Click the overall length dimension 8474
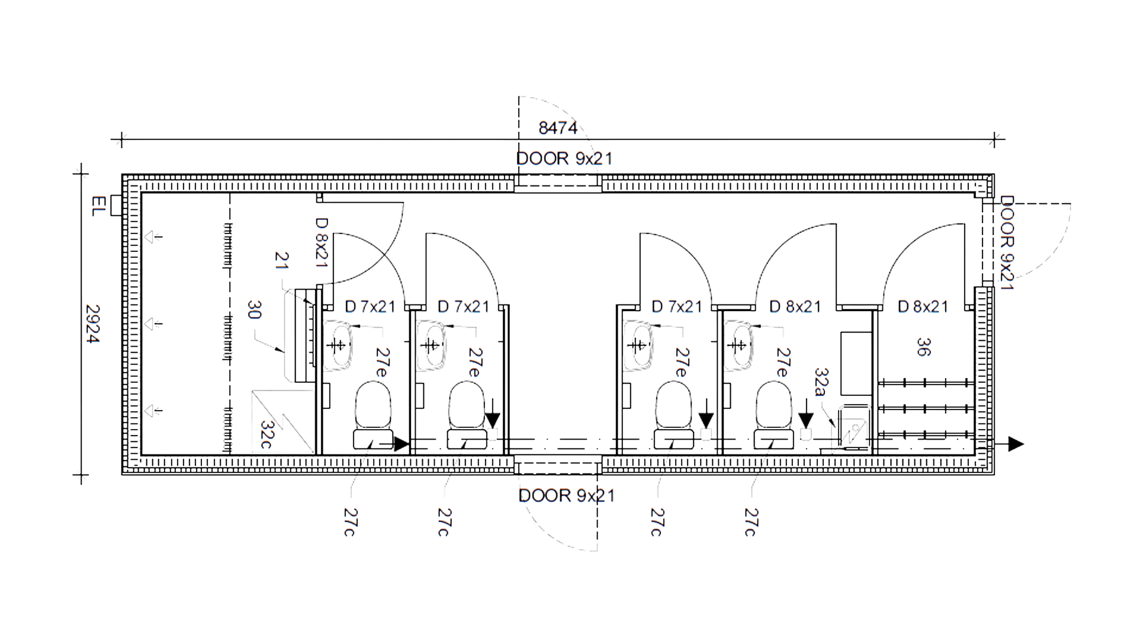pyautogui.click(x=558, y=127)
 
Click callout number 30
pyautogui.click(x=254, y=310)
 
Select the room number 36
pyautogui.click(x=923, y=347)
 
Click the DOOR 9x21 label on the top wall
pyautogui.click(x=564, y=159)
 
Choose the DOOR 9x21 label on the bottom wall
pyautogui.click(x=566, y=495)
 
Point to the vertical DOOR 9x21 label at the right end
pyautogui.click(x=1007, y=243)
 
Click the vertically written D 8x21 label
pyautogui.click(x=322, y=242)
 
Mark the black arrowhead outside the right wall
pyautogui.click(x=1016, y=444)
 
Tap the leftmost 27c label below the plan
pyautogui.click(x=349, y=522)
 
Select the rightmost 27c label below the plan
pyautogui.click(x=750, y=522)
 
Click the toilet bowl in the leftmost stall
pyautogui.click(x=373, y=406)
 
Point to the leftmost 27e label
pyautogui.click(x=381, y=363)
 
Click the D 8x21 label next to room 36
pyautogui.click(x=923, y=306)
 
